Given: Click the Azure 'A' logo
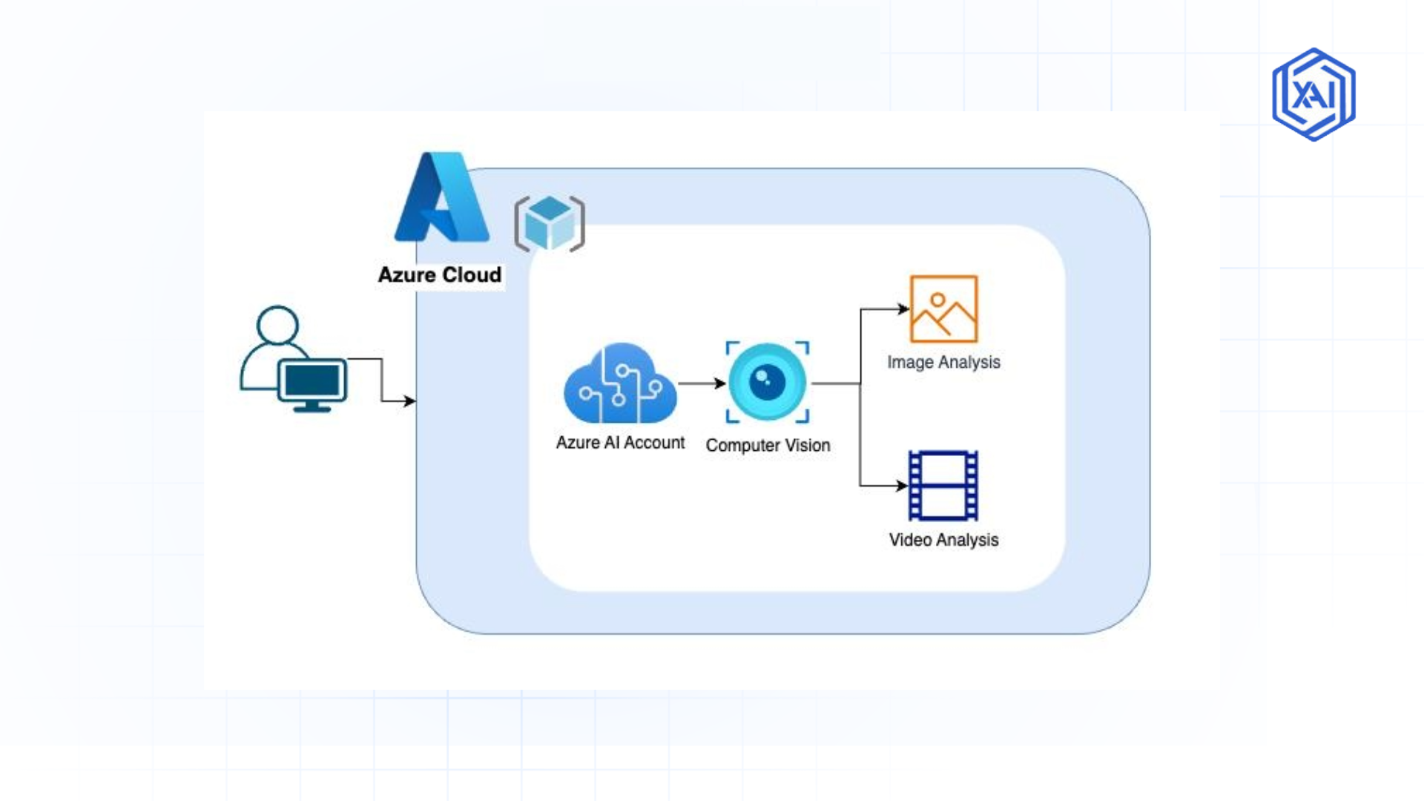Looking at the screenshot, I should [x=442, y=199].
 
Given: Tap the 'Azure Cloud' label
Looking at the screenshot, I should [x=440, y=275].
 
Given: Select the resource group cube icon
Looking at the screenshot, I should [x=550, y=223].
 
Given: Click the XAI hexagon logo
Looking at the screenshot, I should [x=1313, y=95].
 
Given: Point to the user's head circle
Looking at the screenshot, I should [x=277, y=325].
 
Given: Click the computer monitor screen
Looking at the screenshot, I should [x=312, y=381].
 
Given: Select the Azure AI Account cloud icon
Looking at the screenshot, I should [x=620, y=384].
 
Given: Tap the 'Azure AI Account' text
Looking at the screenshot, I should [x=620, y=443].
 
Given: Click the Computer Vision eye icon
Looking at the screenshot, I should [x=767, y=383].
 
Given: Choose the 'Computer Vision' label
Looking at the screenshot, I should [x=768, y=446].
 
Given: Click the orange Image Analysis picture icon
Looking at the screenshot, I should [x=943, y=309].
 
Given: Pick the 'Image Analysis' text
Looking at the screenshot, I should [x=943, y=363].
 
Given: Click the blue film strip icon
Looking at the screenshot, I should [x=943, y=486].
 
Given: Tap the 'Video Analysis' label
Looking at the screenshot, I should [x=943, y=540].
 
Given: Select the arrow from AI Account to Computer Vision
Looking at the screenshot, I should [x=701, y=383].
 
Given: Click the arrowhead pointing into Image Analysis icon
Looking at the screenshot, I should [x=903, y=309].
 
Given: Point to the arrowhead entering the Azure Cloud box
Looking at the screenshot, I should [x=409, y=401].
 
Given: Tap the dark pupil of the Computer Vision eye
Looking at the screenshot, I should [x=767, y=383].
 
